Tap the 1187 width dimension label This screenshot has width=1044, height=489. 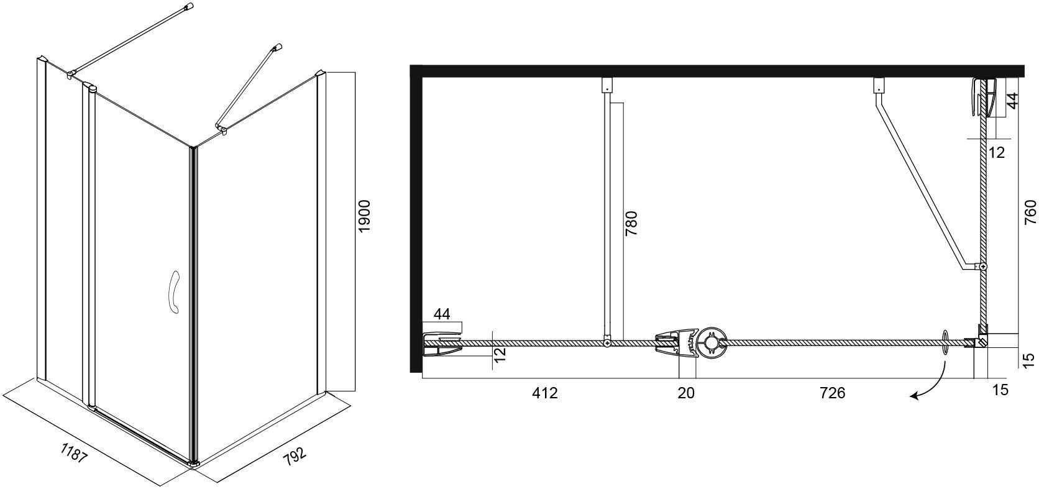(74, 452)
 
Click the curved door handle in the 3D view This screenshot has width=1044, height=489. (175, 291)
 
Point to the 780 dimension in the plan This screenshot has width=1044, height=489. (631, 223)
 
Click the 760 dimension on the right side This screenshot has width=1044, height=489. (1030, 213)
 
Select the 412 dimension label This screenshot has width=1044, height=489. (545, 393)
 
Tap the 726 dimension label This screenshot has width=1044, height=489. (833, 393)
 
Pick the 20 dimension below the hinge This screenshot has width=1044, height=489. (686, 393)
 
